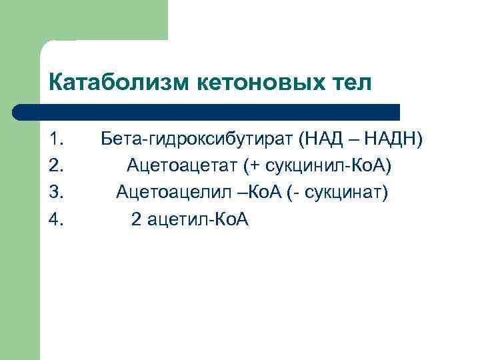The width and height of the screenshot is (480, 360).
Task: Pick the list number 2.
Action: click(57, 165)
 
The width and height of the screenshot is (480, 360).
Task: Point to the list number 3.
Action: click(57, 193)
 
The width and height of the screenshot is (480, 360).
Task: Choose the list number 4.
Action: click(57, 219)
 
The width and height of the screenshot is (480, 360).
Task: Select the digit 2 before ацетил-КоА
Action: click(136, 219)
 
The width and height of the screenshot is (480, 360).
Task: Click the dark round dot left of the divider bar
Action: click(21, 112)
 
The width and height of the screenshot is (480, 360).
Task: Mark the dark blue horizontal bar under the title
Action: click(213, 112)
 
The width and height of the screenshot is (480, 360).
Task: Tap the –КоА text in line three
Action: click(248, 193)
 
